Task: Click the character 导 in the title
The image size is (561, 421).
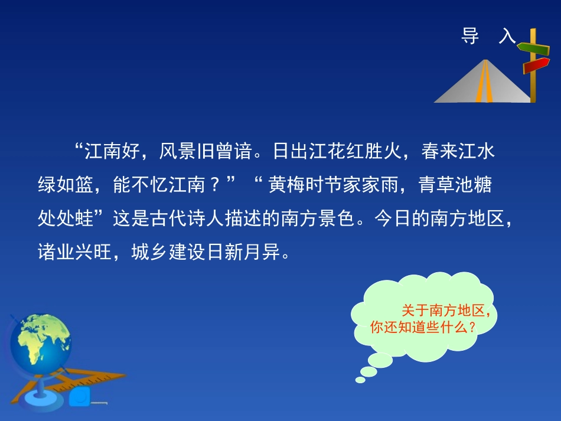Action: coord(470,36)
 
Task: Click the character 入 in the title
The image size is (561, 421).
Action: coord(507,36)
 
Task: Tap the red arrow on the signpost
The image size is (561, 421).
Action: coord(536,66)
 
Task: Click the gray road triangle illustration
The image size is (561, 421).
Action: coord(482,81)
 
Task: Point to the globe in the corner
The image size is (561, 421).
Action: coord(40,339)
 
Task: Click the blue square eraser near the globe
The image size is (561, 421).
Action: coord(80,396)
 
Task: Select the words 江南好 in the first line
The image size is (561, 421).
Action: coord(112,151)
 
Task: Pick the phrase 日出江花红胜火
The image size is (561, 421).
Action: coord(337,151)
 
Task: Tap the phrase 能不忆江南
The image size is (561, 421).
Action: coord(159,185)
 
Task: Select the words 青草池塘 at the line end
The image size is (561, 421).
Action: coord(455,185)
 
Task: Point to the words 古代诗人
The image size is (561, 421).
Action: coord(187,218)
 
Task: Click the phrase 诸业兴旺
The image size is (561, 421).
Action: coord(75,252)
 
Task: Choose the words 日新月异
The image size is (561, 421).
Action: coord(243,252)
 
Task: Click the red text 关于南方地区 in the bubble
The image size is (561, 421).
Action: coord(443,310)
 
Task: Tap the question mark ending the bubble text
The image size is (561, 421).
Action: coord(472,327)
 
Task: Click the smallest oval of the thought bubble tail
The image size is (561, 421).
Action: coord(360,380)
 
